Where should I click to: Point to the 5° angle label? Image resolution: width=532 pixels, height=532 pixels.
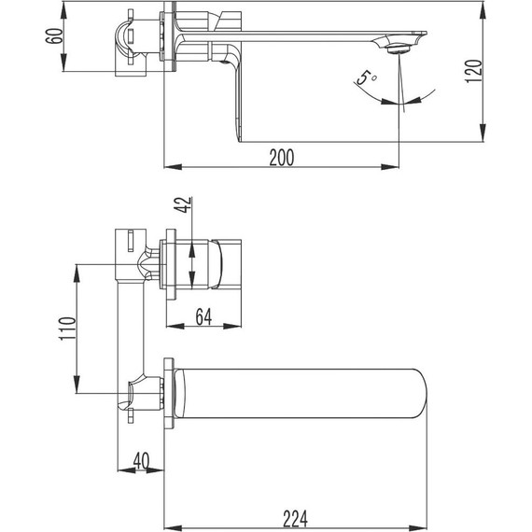pyautogui.click(x=365, y=78)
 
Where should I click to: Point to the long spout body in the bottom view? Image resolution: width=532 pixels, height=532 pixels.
pyautogui.click(x=299, y=394)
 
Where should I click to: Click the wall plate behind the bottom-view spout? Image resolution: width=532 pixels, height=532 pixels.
pyautogui.click(x=169, y=394)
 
